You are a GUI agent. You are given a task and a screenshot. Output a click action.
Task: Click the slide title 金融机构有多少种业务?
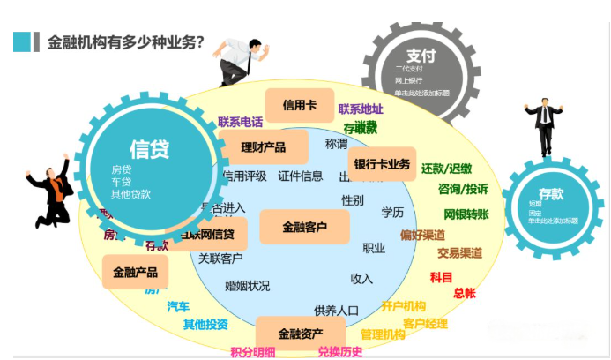[120, 42]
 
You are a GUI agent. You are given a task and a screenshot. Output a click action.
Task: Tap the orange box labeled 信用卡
[299, 105]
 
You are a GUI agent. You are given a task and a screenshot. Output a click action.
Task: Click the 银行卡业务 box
[382, 163]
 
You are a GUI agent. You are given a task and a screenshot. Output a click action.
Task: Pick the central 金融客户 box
[304, 228]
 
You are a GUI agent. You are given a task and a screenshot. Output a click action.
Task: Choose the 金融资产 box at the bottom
[300, 334]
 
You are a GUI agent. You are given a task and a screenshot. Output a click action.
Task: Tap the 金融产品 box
[135, 273]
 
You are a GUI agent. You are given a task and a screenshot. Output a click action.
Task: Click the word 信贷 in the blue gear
[150, 147]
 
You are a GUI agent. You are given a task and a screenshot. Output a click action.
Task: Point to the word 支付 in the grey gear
[421, 53]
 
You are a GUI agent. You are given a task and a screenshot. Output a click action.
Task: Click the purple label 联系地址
[361, 109]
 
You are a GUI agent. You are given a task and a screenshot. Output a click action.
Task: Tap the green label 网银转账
[466, 213]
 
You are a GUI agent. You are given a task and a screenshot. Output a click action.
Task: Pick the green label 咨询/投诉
[463, 189]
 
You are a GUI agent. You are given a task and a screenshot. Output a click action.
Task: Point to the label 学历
[392, 213]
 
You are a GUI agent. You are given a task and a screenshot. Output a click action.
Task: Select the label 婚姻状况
[247, 286]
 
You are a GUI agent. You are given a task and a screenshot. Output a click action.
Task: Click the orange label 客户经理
[425, 323]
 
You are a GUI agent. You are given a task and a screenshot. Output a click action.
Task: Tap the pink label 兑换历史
[339, 351]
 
